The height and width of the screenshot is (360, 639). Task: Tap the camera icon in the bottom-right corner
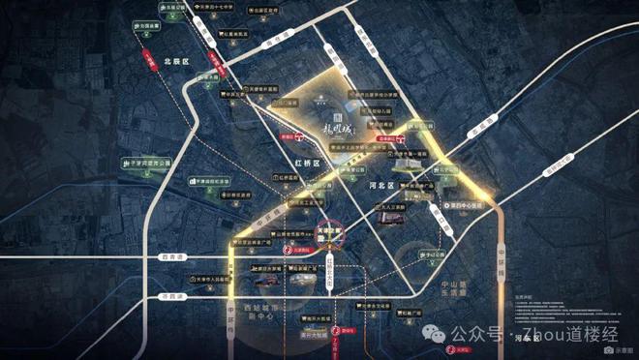607,351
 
